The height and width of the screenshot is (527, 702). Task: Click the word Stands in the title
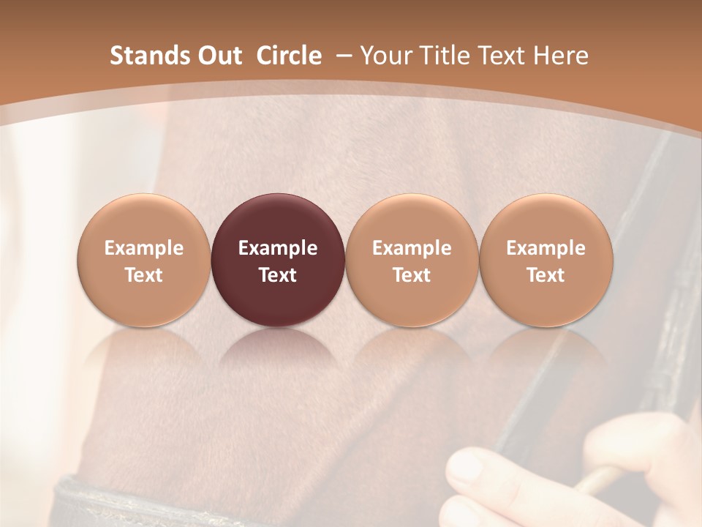click(x=143, y=56)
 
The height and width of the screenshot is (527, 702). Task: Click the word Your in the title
click(x=383, y=56)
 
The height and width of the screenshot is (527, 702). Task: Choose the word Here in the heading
click(x=562, y=56)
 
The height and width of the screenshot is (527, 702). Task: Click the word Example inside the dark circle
click(x=278, y=248)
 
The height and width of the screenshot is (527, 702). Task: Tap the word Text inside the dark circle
click(x=278, y=275)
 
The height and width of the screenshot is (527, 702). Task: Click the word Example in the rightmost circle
click(x=546, y=248)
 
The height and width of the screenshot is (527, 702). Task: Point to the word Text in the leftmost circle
click(x=144, y=275)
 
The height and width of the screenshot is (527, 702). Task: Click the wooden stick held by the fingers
click(x=596, y=480)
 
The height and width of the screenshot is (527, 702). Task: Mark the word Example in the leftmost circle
click(x=144, y=248)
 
